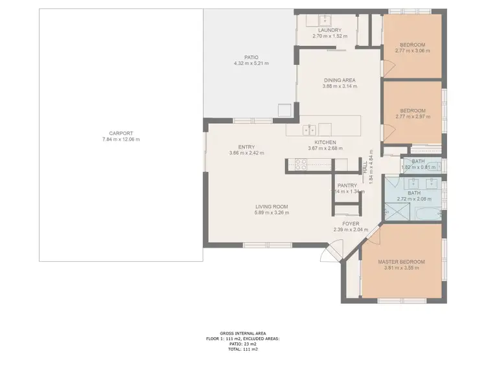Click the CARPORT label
[x=121, y=134]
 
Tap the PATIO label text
[x=251, y=57]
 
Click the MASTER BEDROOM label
[x=402, y=262]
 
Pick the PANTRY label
[x=347, y=185]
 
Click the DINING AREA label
[x=340, y=80]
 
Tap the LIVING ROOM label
[x=272, y=207]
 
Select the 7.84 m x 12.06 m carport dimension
[x=121, y=139]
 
